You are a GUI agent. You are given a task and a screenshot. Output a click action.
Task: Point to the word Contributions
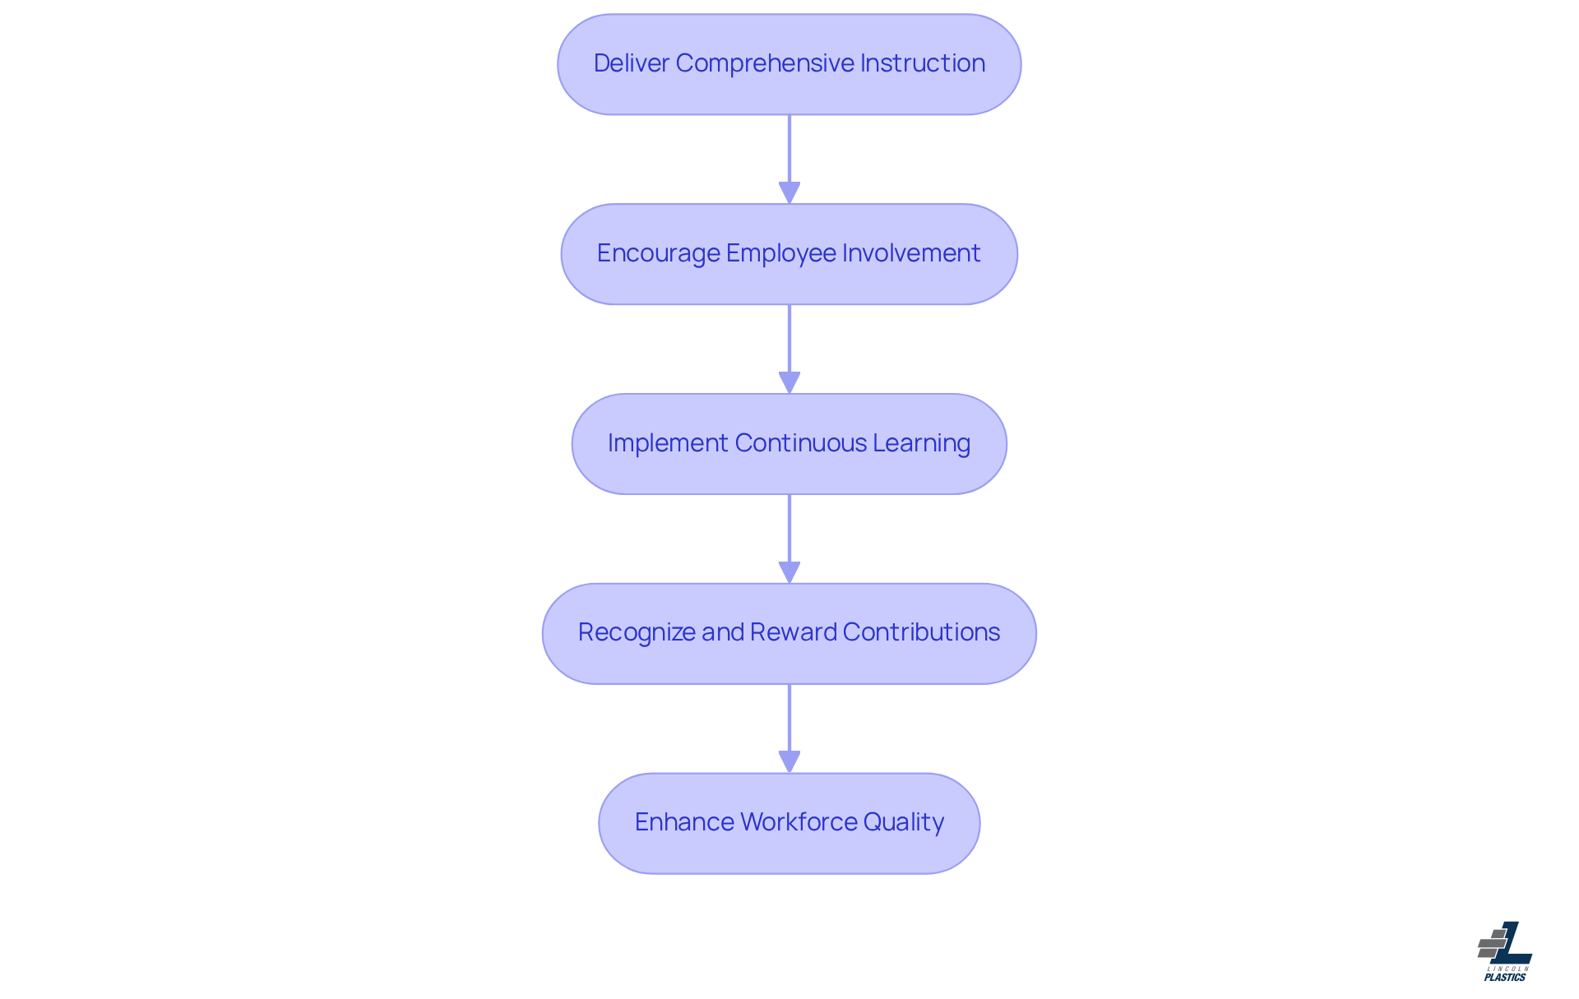coord(921,632)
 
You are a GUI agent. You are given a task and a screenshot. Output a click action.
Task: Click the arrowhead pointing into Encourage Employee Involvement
coord(789,192)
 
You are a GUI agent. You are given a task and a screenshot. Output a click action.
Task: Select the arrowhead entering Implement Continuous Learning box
coord(789,382)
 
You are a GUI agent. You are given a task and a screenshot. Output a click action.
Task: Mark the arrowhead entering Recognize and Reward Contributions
coord(789,572)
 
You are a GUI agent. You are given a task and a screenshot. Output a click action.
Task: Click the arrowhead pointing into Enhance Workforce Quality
coord(789,761)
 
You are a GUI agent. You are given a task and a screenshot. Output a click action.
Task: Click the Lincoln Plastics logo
coord(1505,951)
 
